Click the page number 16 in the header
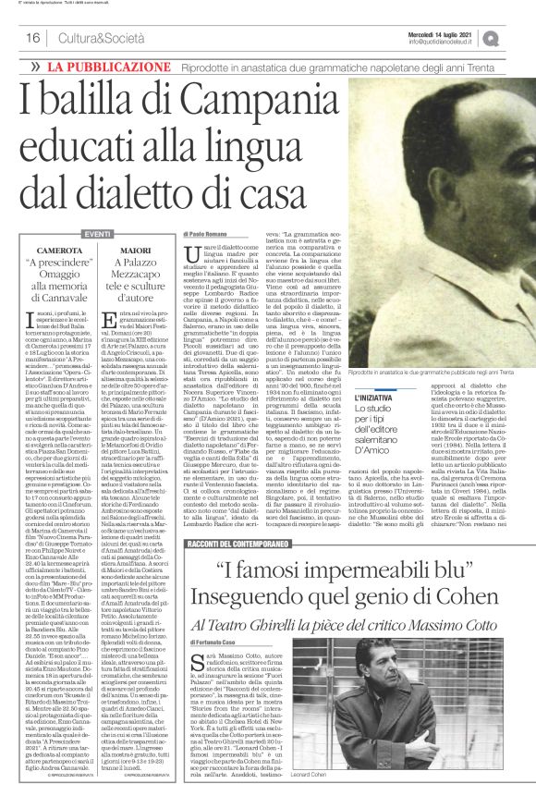click(31, 38)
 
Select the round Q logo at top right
click(516, 37)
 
